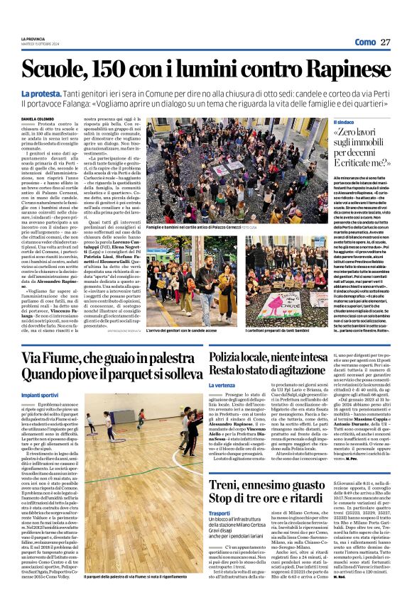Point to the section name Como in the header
(x=364, y=43)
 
